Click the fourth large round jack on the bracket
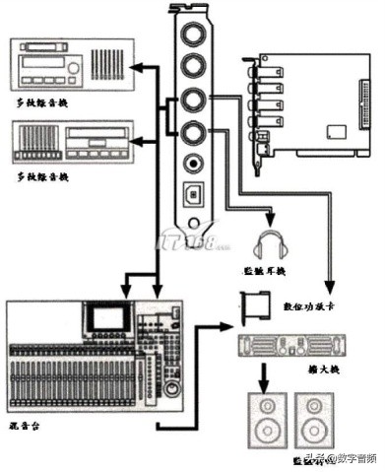click(x=192, y=132)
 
